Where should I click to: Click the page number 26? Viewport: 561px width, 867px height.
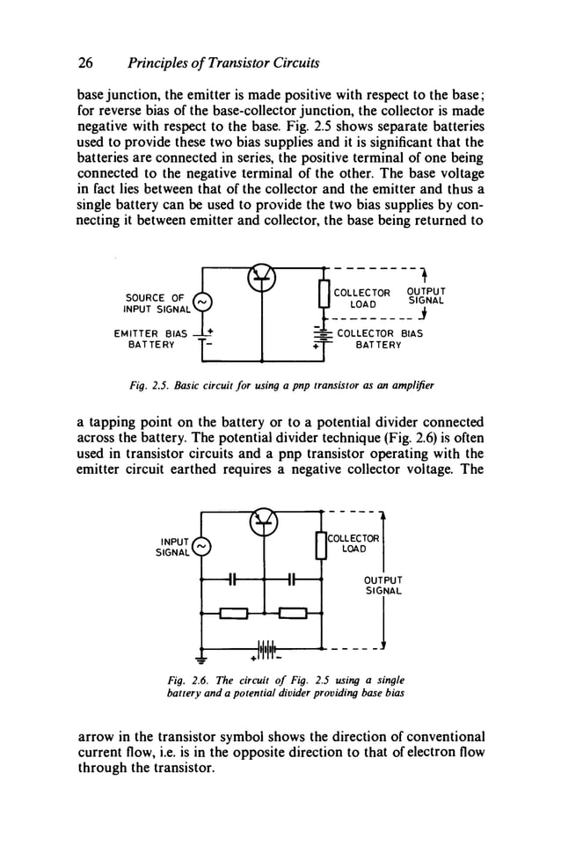86,63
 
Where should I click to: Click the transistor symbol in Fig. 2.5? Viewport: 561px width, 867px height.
261,276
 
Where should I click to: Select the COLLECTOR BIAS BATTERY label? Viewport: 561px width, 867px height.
379,339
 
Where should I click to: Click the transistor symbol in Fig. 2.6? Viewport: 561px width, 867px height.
261,521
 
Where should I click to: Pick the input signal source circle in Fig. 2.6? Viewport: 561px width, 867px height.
201,547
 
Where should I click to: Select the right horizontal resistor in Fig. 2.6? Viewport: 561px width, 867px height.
292,613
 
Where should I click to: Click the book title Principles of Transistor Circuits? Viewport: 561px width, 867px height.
223,63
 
